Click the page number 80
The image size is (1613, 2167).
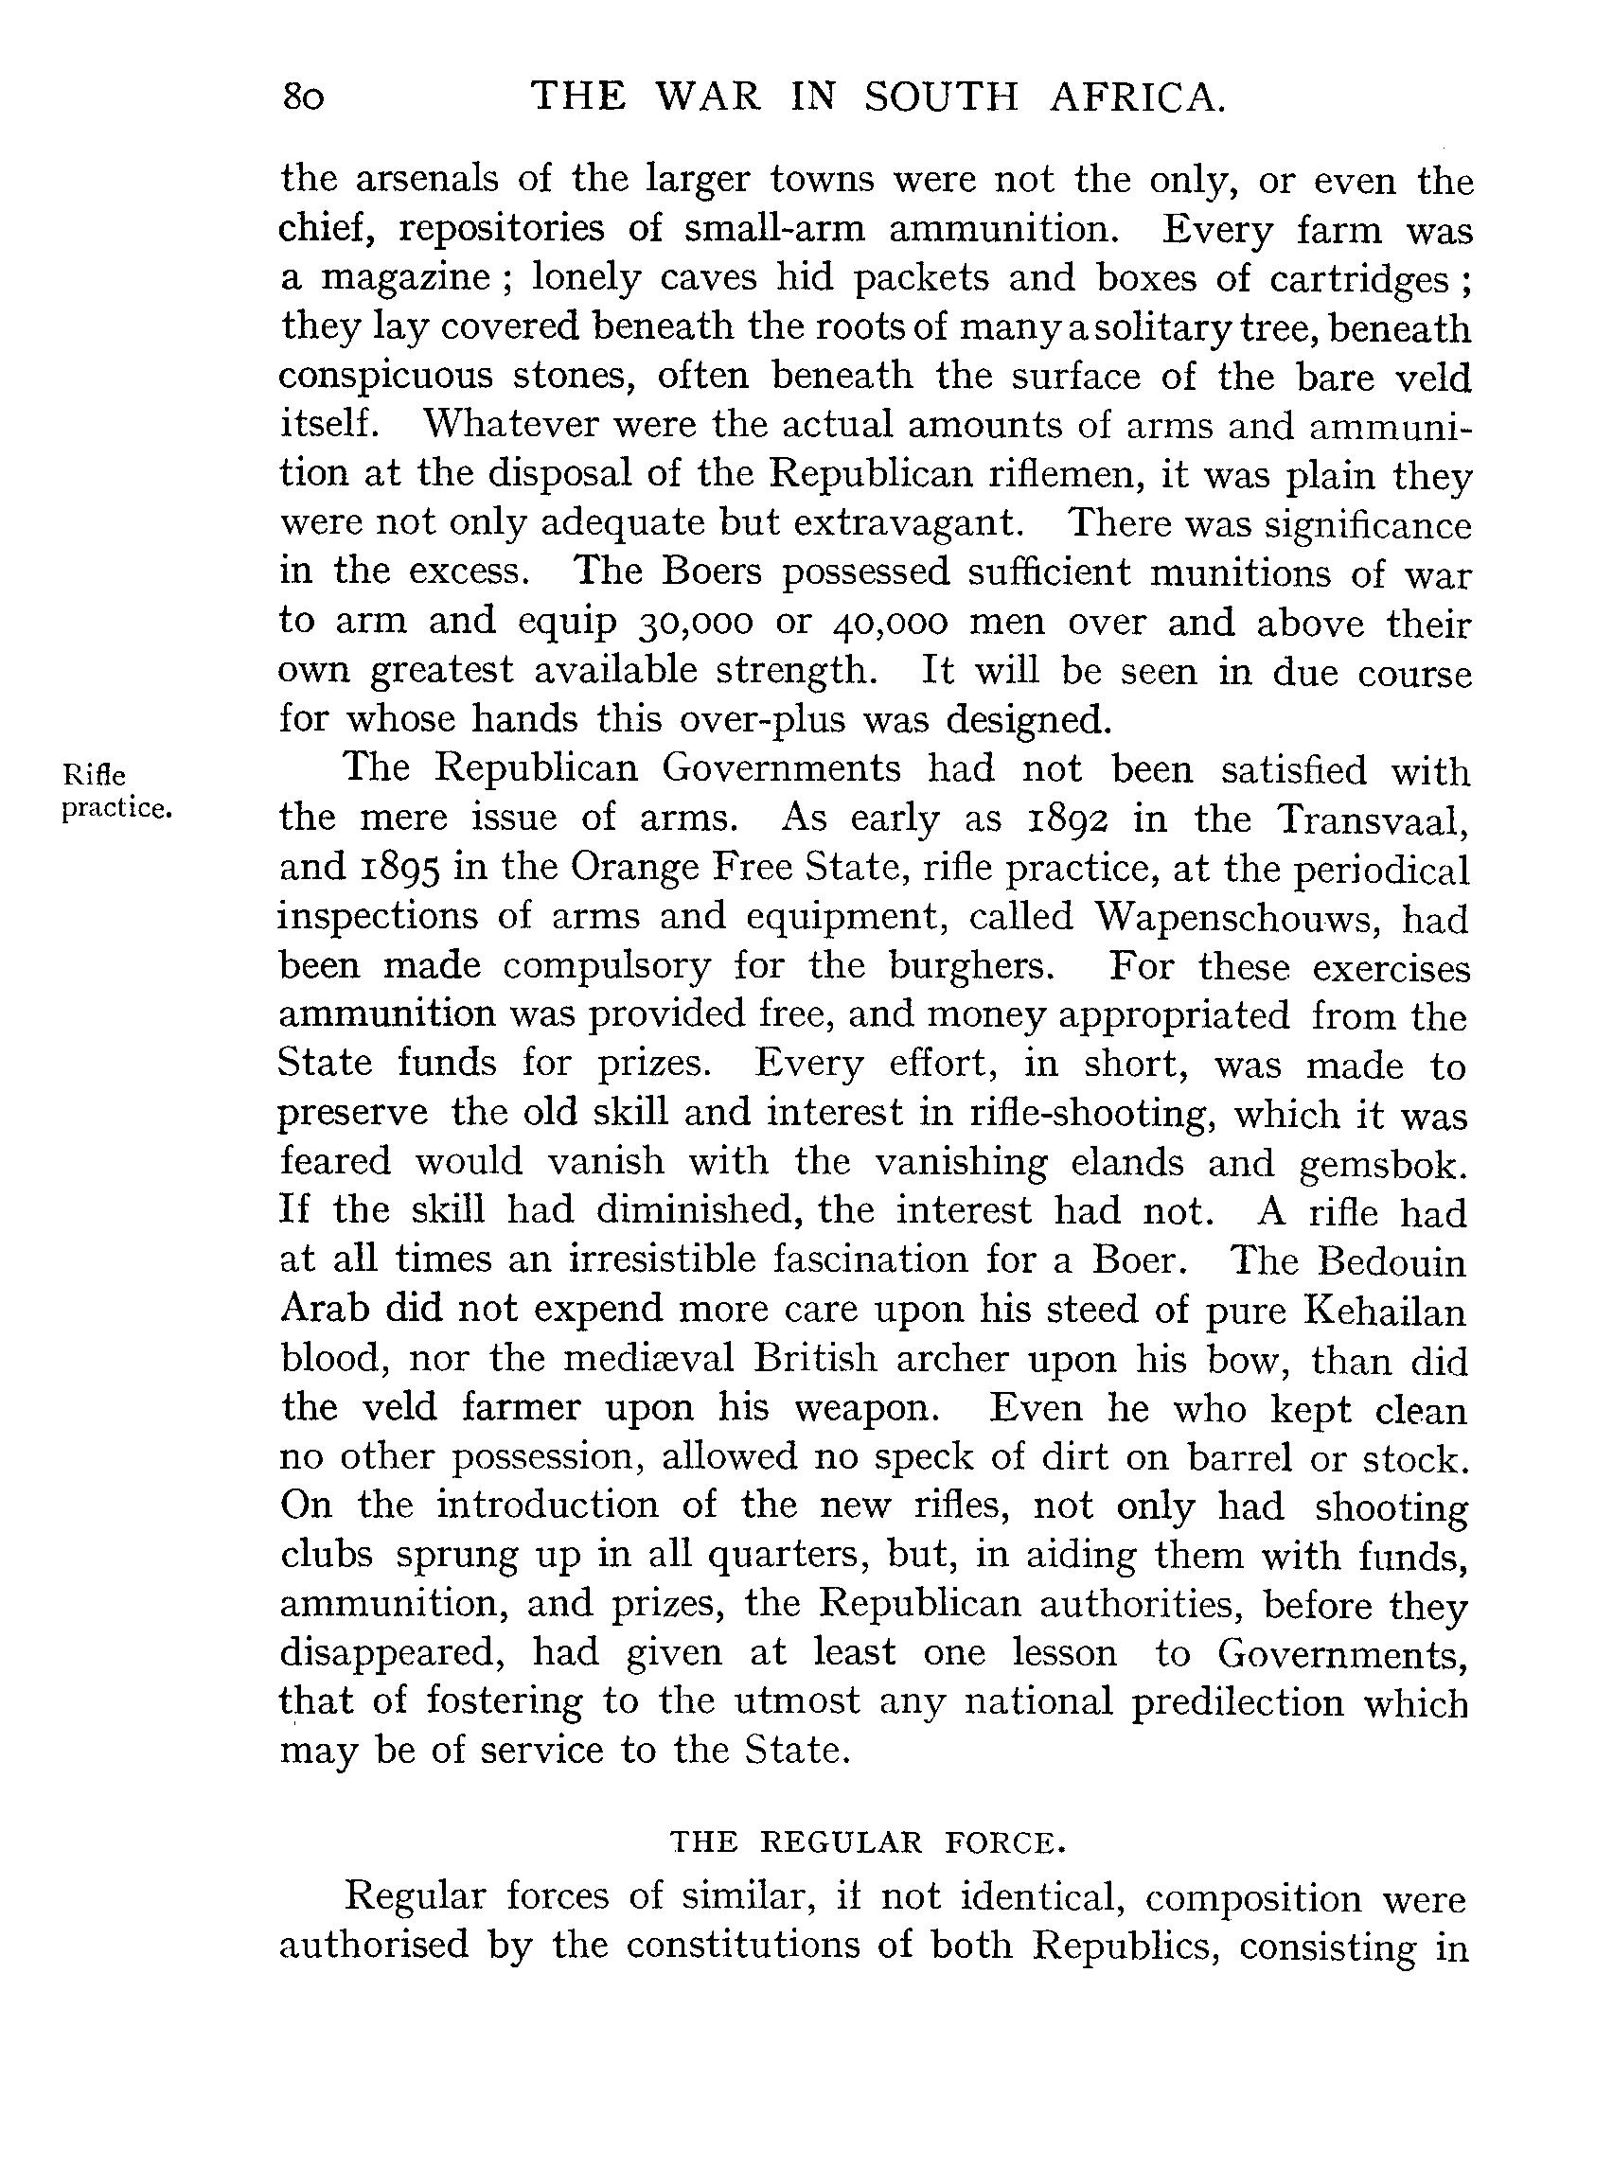click(303, 98)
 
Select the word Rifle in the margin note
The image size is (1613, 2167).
click(94, 776)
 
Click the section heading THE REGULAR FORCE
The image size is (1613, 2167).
click(866, 1843)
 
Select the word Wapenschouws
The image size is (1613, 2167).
click(1236, 917)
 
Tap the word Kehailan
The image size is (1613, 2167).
click(1385, 1310)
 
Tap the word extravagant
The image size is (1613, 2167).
click(908, 524)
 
